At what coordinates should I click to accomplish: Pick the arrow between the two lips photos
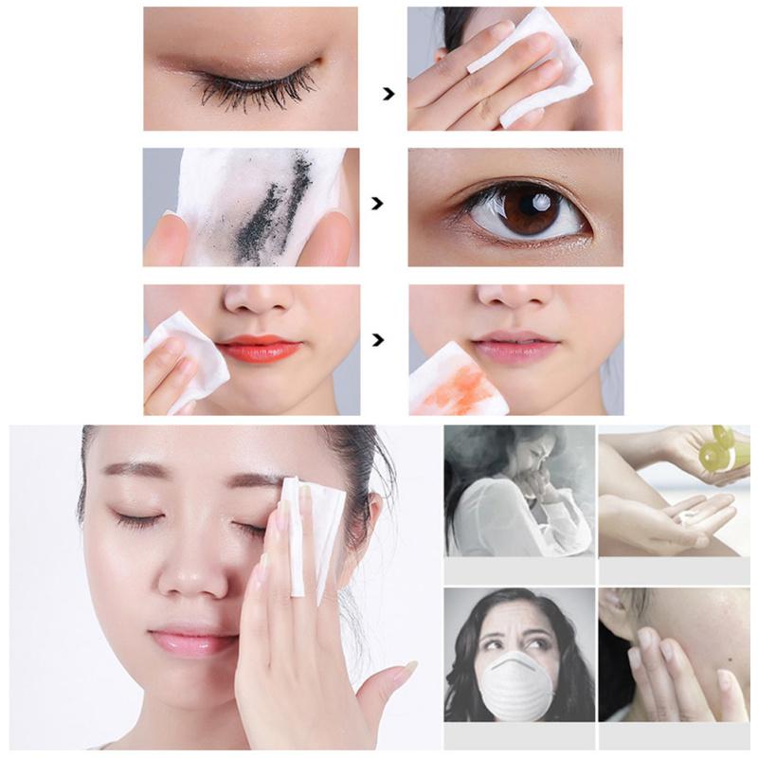380,339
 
